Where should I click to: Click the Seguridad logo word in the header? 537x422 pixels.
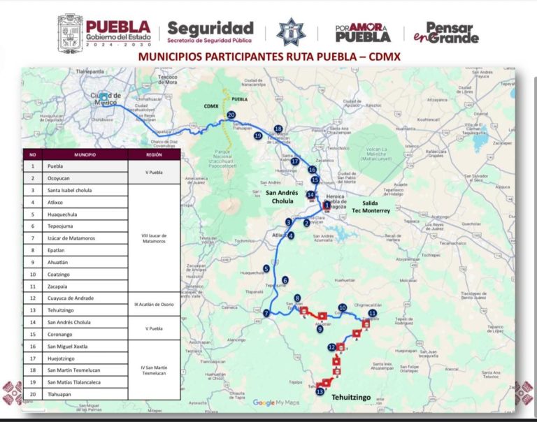pyautogui.click(x=210, y=29)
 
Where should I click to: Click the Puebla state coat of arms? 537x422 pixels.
pyautogui.click(x=70, y=34)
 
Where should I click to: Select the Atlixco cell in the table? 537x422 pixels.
pyautogui.click(x=60, y=202)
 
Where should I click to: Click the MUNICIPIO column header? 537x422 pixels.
pyautogui.click(x=85, y=154)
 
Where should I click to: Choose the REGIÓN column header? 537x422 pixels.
pyautogui.click(x=154, y=154)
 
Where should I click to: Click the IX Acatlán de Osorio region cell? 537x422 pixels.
pyautogui.click(x=154, y=304)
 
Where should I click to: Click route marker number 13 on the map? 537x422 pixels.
pyautogui.click(x=320, y=393)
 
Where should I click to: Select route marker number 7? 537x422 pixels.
pyautogui.click(x=266, y=313)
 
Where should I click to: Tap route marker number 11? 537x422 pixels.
pyautogui.click(x=372, y=314)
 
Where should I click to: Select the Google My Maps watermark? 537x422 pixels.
pyautogui.click(x=275, y=402)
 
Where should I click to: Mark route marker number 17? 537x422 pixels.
pyautogui.click(x=295, y=161)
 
